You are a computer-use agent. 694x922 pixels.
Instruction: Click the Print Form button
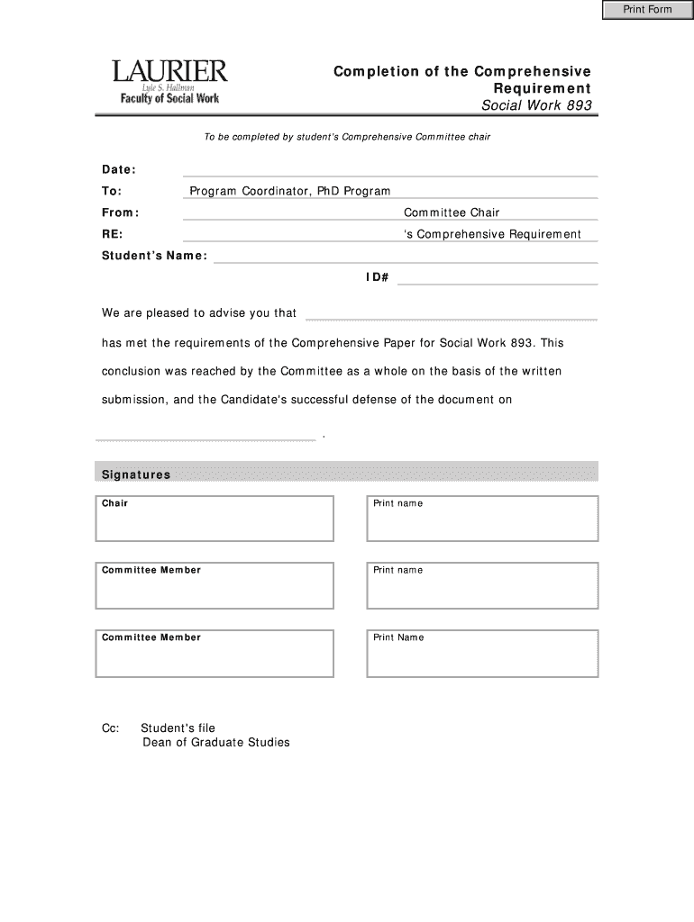pyautogui.click(x=648, y=10)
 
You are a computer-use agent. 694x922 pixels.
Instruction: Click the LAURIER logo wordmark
pyautogui.click(x=169, y=71)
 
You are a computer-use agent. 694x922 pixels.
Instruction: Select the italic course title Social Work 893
pyautogui.click(x=537, y=106)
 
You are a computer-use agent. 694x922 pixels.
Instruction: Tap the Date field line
pyautogui.click(x=389, y=169)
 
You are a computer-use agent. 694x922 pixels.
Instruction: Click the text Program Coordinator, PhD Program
pyautogui.click(x=289, y=191)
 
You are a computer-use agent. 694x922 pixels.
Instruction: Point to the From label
pyautogui.click(x=120, y=212)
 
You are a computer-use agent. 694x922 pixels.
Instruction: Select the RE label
pyautogui.click(x=113, y=234)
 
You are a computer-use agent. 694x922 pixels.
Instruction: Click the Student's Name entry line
pyautogui.click(x=406, y=256)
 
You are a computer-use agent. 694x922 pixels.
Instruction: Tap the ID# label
pyautogui.click(x=377, y=277)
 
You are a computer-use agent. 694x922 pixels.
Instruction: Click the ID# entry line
pyautogui.click(x=498, y=278)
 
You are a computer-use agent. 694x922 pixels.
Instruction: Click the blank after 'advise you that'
pyautogui.click(x=452, y=314)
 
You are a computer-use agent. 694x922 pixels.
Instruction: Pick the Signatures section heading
pyautogui.click(x=136, y=475)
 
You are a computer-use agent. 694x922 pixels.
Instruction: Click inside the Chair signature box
pyautogui.click(x=215, y=520)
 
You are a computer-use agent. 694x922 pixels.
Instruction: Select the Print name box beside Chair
pyautogui.click(x=482, y=520)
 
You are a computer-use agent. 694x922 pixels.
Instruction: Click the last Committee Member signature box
pyautogui.click(x=215, y=654)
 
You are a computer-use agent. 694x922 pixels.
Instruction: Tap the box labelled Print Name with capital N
pyautogui.click(x=482, y=654)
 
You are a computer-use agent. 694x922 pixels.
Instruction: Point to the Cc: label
pyautogui.click(x=110, y=728)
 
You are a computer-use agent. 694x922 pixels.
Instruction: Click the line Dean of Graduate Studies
pyautogui.click(x=216, y=743)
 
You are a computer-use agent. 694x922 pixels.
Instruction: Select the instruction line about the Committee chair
pyautogui.click(x=347, y=137)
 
